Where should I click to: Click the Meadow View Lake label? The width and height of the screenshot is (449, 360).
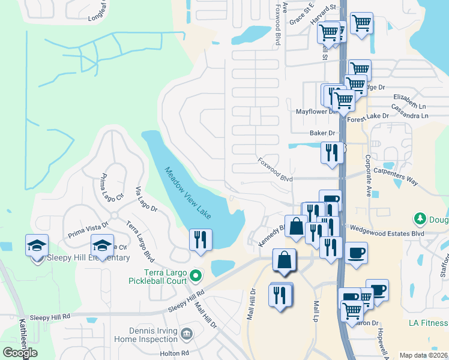tap(188, 191)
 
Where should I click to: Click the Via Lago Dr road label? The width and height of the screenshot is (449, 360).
tap(146, 199)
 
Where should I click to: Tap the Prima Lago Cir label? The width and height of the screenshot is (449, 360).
tap(112, 186)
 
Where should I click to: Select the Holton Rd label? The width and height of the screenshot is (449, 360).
tap(175, 353)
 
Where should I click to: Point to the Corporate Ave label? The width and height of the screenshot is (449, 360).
tap(367, 174)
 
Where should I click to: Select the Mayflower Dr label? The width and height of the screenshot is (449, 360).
tap(312, 112)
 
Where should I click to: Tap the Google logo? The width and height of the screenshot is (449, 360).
tap(20, 353)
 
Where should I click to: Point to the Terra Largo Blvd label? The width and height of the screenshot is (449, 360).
tap(139, 241)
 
